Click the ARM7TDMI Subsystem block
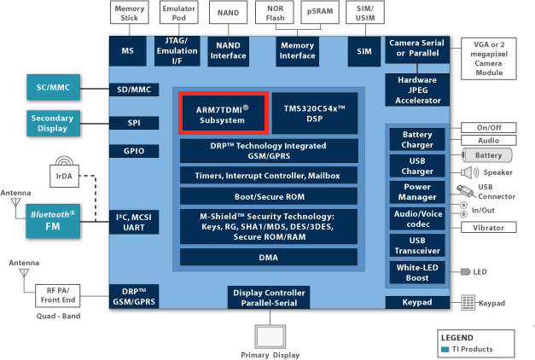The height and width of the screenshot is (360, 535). click(224, 113)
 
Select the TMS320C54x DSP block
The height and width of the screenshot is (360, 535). click(315, 113)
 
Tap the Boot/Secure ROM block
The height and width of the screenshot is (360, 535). click(269, 196)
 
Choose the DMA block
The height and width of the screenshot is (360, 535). click(269, 258)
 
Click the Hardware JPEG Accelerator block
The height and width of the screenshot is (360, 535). click(417, 90)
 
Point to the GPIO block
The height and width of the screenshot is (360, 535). click(134, 151)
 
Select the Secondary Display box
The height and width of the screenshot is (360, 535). click(53, 123)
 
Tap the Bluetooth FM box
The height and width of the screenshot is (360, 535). click(53, 221)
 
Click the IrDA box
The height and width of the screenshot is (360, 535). click(65, 176)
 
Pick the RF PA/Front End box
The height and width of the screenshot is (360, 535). click(58, 295)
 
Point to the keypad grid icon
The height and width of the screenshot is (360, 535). click(468, 303)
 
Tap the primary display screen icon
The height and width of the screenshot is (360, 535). click(270, 336)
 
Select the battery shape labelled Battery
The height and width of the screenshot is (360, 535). click(487, 155)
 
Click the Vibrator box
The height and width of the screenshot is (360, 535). click(489, 227)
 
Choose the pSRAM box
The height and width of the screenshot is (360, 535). click(320, 12)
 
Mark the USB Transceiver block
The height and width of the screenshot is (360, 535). click(417, 246)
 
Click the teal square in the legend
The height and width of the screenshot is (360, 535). click(445, 349)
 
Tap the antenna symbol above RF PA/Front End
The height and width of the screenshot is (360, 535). click(24, 273)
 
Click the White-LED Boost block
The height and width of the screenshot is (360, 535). click(417, 272)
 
